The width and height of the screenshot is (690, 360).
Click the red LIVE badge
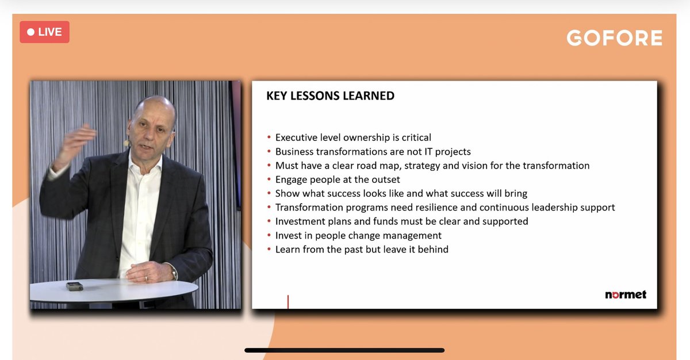(44, 32)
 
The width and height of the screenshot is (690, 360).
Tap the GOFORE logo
(614, 38)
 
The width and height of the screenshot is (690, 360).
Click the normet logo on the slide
(625, 294)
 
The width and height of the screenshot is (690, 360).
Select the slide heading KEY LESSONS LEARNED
(330, 96)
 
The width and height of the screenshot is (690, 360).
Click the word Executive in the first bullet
(299, 137)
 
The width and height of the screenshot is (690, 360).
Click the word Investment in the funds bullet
(301, 221)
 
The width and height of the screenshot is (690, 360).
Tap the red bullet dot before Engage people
(269, 180)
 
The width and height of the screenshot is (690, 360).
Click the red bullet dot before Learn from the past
(269, 250)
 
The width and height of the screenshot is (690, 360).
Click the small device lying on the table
(74, 286)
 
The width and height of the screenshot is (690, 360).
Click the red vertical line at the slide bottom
(287, 301)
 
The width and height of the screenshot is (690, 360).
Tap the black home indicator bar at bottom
(344, 350)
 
